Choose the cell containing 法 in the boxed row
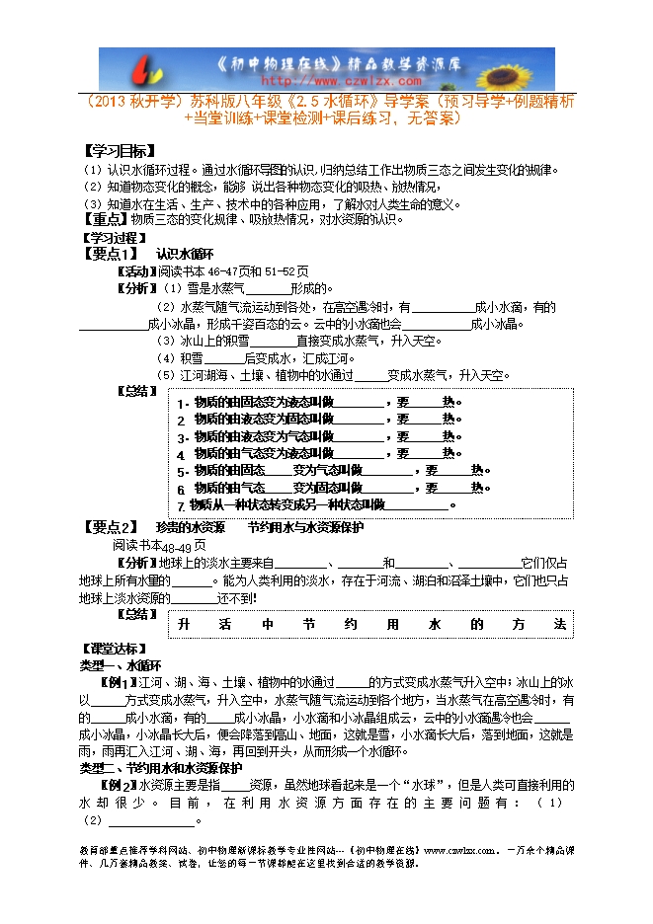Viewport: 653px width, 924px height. pos(560,625)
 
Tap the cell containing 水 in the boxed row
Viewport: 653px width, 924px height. pos(435,625)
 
